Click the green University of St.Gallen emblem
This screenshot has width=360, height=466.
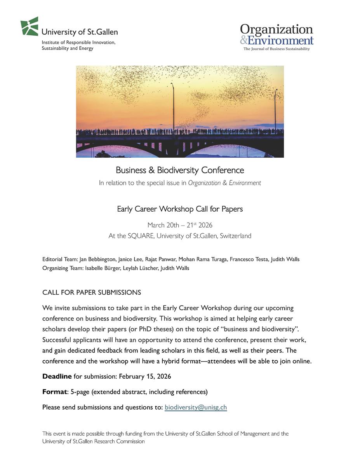(x=30, y=26)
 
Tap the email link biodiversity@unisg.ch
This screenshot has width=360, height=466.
(x=196, y=407)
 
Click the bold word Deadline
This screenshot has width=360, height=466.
(x=57, y=376)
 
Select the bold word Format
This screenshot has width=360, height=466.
(x=54, y=392)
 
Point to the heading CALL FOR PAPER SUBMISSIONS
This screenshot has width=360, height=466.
(x=92, y=292)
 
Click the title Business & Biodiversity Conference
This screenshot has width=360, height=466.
(x=180, y=170)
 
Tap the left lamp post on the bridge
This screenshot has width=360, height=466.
(x=173, y=107)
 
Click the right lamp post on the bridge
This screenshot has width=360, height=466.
(x=275, y=111)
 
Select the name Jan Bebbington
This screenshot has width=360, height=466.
(x=97, y=259)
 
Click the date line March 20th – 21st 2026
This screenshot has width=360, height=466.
(x=180, y=225)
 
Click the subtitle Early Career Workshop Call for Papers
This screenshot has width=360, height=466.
(x=180, y=209)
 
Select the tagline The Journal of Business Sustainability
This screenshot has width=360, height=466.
(x=277, y=49)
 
